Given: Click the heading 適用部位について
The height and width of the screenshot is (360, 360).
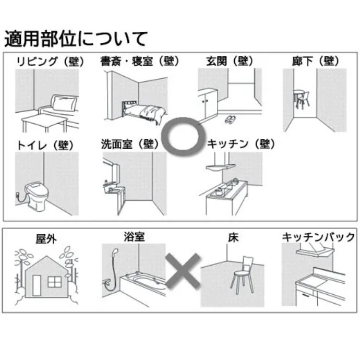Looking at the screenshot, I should click(x=76, y=38).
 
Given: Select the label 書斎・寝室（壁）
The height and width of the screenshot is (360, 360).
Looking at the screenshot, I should click(x=140, y=62).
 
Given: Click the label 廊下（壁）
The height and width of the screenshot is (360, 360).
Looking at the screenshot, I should click(x=315, y=62).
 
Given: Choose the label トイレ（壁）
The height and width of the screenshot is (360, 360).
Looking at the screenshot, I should click(x=45, y=145).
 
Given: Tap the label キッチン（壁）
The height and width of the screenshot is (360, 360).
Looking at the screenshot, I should click(x=241, y=145).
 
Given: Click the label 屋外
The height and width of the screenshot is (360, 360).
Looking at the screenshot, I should click(x=46, y=239).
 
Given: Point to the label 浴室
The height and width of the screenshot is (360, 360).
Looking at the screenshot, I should click(x=134, y=237).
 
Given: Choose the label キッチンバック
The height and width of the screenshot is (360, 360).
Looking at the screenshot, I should click(x=318, y=237).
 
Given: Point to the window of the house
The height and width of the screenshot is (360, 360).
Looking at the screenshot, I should click(x=54, y=282).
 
